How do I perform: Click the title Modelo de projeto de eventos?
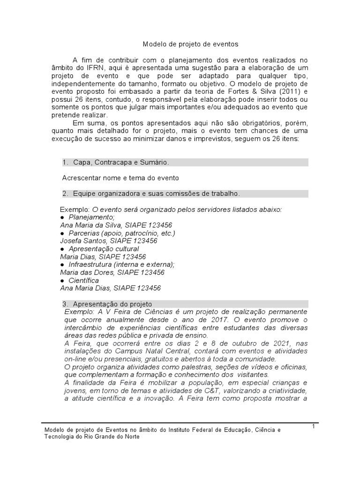[190, 44]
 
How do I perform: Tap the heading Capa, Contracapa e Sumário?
[121, 162]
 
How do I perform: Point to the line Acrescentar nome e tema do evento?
[120, 178]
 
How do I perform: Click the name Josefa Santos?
[81, 241]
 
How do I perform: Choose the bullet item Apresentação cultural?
[107, 249]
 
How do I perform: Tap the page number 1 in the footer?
[313, 425]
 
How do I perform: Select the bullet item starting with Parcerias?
[121, 233]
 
